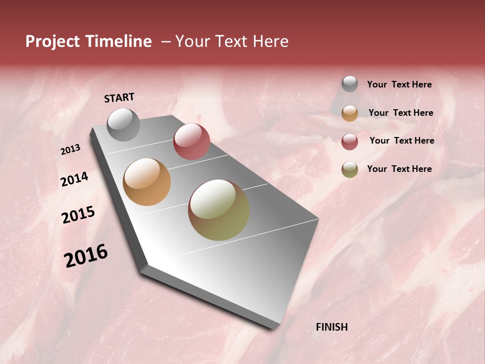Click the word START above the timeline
click(119, 98)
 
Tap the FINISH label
click(331, 327)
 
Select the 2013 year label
click(71, 150)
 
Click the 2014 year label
click(75, 179)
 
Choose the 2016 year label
click(86, 255)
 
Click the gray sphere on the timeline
click(123, 124)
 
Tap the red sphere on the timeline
click(191, 141)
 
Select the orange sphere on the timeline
click(147, 182)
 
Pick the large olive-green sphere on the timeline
click(219, 210)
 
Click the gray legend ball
click(350, 84)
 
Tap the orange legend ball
click(350, 113)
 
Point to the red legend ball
click(350, 141)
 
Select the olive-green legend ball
click(350, 169)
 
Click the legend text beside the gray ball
click(399, 85)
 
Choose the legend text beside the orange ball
click(401, 113)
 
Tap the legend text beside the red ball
click(402, 141)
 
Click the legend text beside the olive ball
click(399, 169)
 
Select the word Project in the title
click(53, 41)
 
